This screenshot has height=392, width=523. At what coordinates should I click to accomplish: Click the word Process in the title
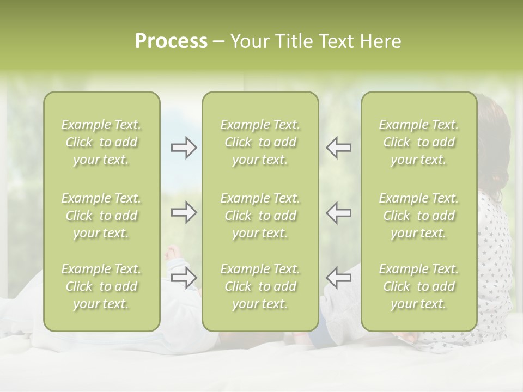171,41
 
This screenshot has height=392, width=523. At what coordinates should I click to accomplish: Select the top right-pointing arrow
184,148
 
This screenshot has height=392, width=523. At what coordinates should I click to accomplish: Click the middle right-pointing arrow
184,212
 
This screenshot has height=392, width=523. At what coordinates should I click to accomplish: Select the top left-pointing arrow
338,148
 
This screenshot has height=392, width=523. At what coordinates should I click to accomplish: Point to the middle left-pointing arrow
338,212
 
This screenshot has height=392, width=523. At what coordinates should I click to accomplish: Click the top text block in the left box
101,142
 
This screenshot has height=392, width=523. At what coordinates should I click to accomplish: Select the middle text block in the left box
101,216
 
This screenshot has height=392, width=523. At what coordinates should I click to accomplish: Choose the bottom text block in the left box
101,286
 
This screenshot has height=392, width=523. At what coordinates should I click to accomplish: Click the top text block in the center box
260,142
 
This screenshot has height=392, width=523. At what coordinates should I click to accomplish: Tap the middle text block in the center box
260,216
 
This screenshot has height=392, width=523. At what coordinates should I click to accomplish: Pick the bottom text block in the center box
260,286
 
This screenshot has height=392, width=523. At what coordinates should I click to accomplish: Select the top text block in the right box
418,142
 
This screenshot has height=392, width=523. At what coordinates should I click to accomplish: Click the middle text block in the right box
418,216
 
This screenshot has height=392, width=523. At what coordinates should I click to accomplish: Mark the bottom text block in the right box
418,286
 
